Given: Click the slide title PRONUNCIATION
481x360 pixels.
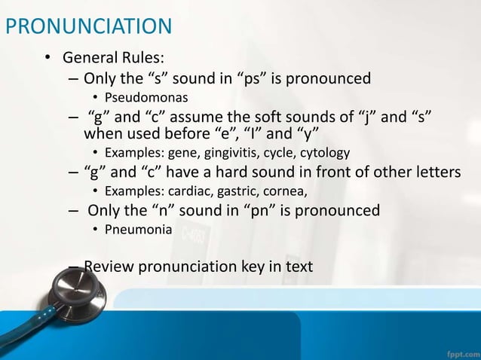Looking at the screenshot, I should (88, 28).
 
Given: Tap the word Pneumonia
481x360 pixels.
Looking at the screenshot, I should (138, 229).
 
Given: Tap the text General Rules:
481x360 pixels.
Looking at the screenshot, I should (113, 58).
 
